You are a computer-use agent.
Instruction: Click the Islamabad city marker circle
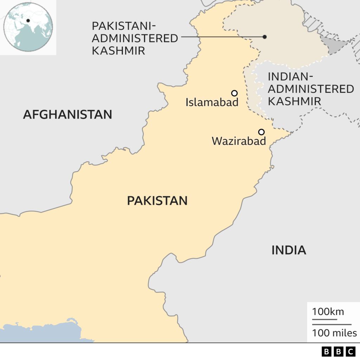click(234, 93)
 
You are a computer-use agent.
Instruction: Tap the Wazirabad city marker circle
click(261, 132)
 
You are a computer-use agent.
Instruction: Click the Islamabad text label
click(212, 103)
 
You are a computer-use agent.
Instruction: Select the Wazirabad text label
click(239, 141)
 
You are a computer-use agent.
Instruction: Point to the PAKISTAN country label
click(157, 201)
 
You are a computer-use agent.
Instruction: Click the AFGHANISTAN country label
click(67, 115)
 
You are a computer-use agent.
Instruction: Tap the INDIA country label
click(289, 250)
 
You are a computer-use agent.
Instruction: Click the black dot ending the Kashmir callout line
click(265, 37)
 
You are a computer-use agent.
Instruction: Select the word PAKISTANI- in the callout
click(123, 26)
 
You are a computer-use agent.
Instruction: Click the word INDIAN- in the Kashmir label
click(290, 77)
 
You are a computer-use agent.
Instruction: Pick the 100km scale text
click(328, 312)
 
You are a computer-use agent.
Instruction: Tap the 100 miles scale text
click(334, 333)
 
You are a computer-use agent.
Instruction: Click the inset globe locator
click(28, 27)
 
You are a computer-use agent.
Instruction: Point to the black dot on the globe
click(28, 21)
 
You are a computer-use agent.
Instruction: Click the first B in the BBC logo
click(327, 351)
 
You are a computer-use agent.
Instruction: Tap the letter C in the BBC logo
click(351, 351)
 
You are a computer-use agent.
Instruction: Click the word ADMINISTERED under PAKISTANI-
click(135, 38)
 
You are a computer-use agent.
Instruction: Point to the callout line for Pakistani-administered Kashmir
click(221, 37)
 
